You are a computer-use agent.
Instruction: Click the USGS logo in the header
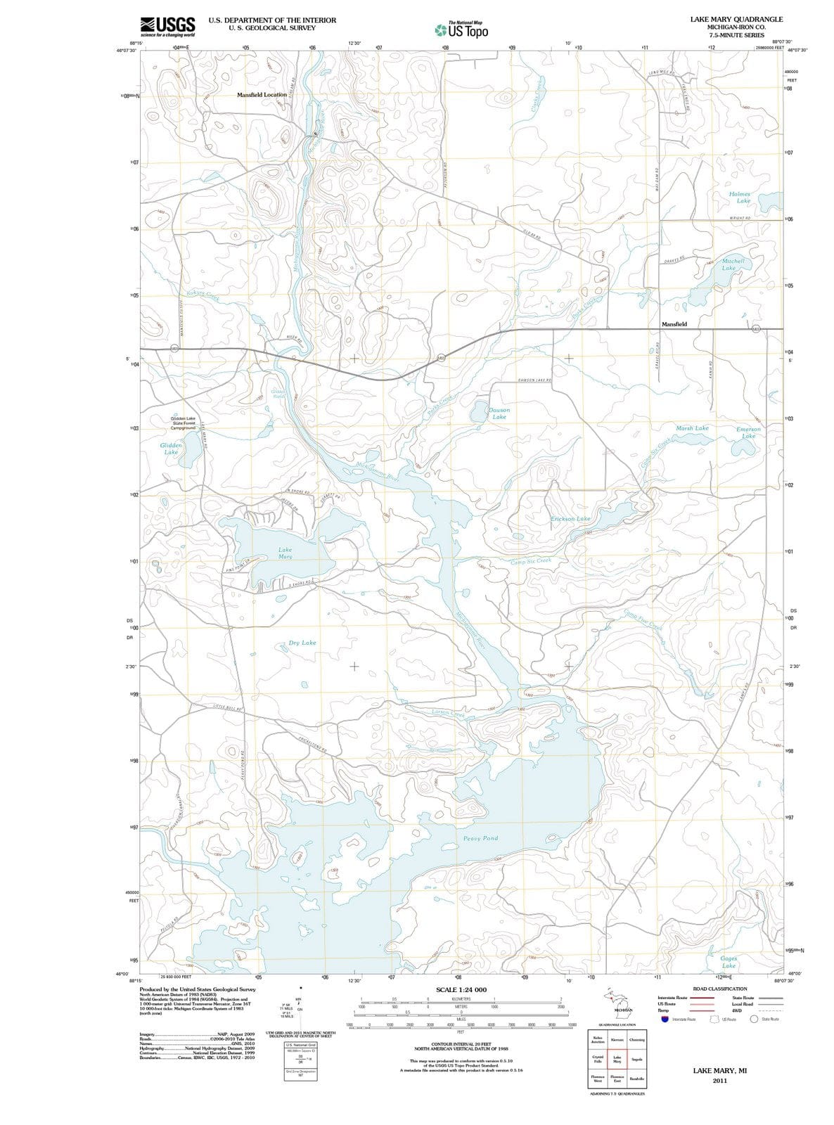click(x=168, y=25)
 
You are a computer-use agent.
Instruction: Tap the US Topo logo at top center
click(x=462, y=30)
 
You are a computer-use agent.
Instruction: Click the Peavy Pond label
click(x=481, y=838)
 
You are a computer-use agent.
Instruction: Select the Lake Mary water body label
click(x=285, y=553)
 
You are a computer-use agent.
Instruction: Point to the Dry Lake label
click(x=302, y=643)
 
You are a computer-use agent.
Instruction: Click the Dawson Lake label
click(x=499, y=413)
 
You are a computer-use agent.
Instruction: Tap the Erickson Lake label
click(x=570, y=518)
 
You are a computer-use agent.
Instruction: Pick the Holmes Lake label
click(x=740, y=197)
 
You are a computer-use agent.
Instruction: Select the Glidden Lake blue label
click(x=171, y=449)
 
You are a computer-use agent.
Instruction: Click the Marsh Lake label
click(x=692, y=427)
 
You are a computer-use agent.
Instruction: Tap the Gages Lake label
click(x=728, y=962)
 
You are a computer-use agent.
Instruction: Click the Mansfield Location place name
click(x=262, y=94)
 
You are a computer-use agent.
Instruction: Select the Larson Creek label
click(x=448, y=713)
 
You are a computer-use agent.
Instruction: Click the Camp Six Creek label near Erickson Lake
click(x=531, y=562)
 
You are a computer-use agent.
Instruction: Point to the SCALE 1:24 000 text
click(x=461, y=990)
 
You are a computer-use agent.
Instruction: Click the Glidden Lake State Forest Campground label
click(x=183, y=423)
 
